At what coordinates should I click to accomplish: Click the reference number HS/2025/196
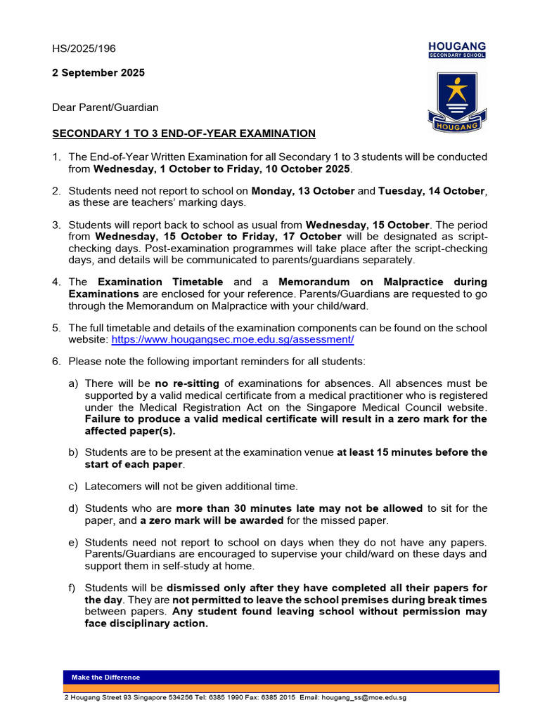84,48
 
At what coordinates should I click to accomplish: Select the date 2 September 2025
98,73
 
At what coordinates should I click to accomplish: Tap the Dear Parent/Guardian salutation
105,107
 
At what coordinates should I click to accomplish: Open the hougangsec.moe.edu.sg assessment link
233,339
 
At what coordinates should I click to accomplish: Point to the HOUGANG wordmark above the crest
457,46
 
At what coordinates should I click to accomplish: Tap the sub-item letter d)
73,508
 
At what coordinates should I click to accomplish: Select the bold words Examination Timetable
160,282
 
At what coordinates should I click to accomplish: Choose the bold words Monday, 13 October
303,191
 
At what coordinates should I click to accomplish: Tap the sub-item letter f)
73,588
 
